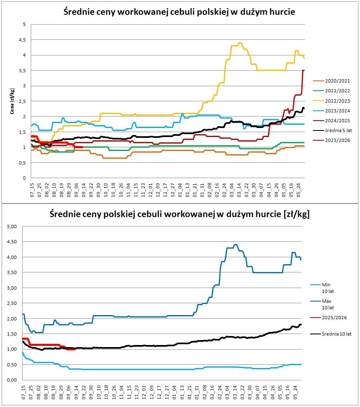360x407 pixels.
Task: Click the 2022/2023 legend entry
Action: click(335, 101)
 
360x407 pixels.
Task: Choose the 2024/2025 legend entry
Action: click(335, 121)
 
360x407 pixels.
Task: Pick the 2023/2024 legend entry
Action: click(335, 111)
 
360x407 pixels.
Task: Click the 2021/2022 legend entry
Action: click(335, 91)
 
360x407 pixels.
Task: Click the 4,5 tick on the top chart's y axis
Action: click(23, 40)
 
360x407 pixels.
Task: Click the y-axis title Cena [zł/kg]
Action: click(12, 101)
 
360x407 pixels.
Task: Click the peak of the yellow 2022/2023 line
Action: click(240, 43)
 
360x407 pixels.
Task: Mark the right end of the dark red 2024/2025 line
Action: click(304, 71)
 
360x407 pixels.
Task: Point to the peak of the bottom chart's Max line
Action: click(235, 245)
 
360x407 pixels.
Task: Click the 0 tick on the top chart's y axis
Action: click(24, 178)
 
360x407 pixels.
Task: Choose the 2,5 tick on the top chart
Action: click(23, 101)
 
